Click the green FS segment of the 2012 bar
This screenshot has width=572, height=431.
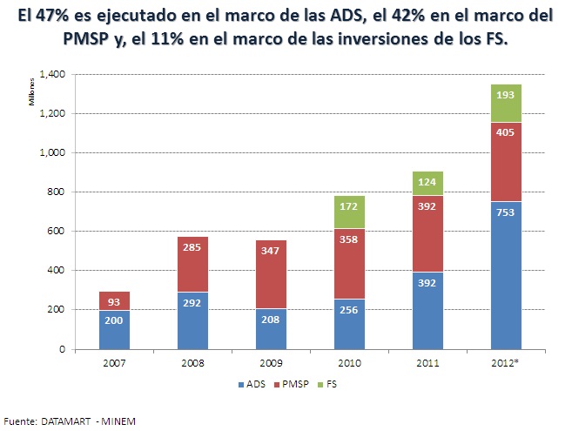pos(506,103)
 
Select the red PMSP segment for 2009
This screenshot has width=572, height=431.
pos(271,274)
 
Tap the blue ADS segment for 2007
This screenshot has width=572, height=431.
pos(114,330)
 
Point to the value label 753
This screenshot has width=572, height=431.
pos(505,212)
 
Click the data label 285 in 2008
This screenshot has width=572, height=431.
pos(192,247)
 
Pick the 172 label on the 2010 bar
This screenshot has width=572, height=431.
pos(349,206)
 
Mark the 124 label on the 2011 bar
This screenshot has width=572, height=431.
pos(427,182)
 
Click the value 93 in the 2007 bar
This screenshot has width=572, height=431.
pos(114,302)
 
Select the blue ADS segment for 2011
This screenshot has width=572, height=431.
pos(427,311)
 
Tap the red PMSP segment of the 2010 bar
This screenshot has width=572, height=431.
pos(349,264)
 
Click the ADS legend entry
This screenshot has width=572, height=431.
pos(252,384)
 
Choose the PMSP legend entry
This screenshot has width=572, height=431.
pos(291,384)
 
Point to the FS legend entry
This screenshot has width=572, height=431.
pos(327,384)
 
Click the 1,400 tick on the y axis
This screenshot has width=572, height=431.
pos(52,75)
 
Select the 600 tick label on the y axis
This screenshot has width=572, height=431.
pos(57,231)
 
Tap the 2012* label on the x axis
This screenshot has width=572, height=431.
pos(505,363)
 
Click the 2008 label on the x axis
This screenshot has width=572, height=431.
pos(192,363)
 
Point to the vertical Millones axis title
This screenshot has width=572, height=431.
pos(31,92)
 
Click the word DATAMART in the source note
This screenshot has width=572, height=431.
pos(65,421)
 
